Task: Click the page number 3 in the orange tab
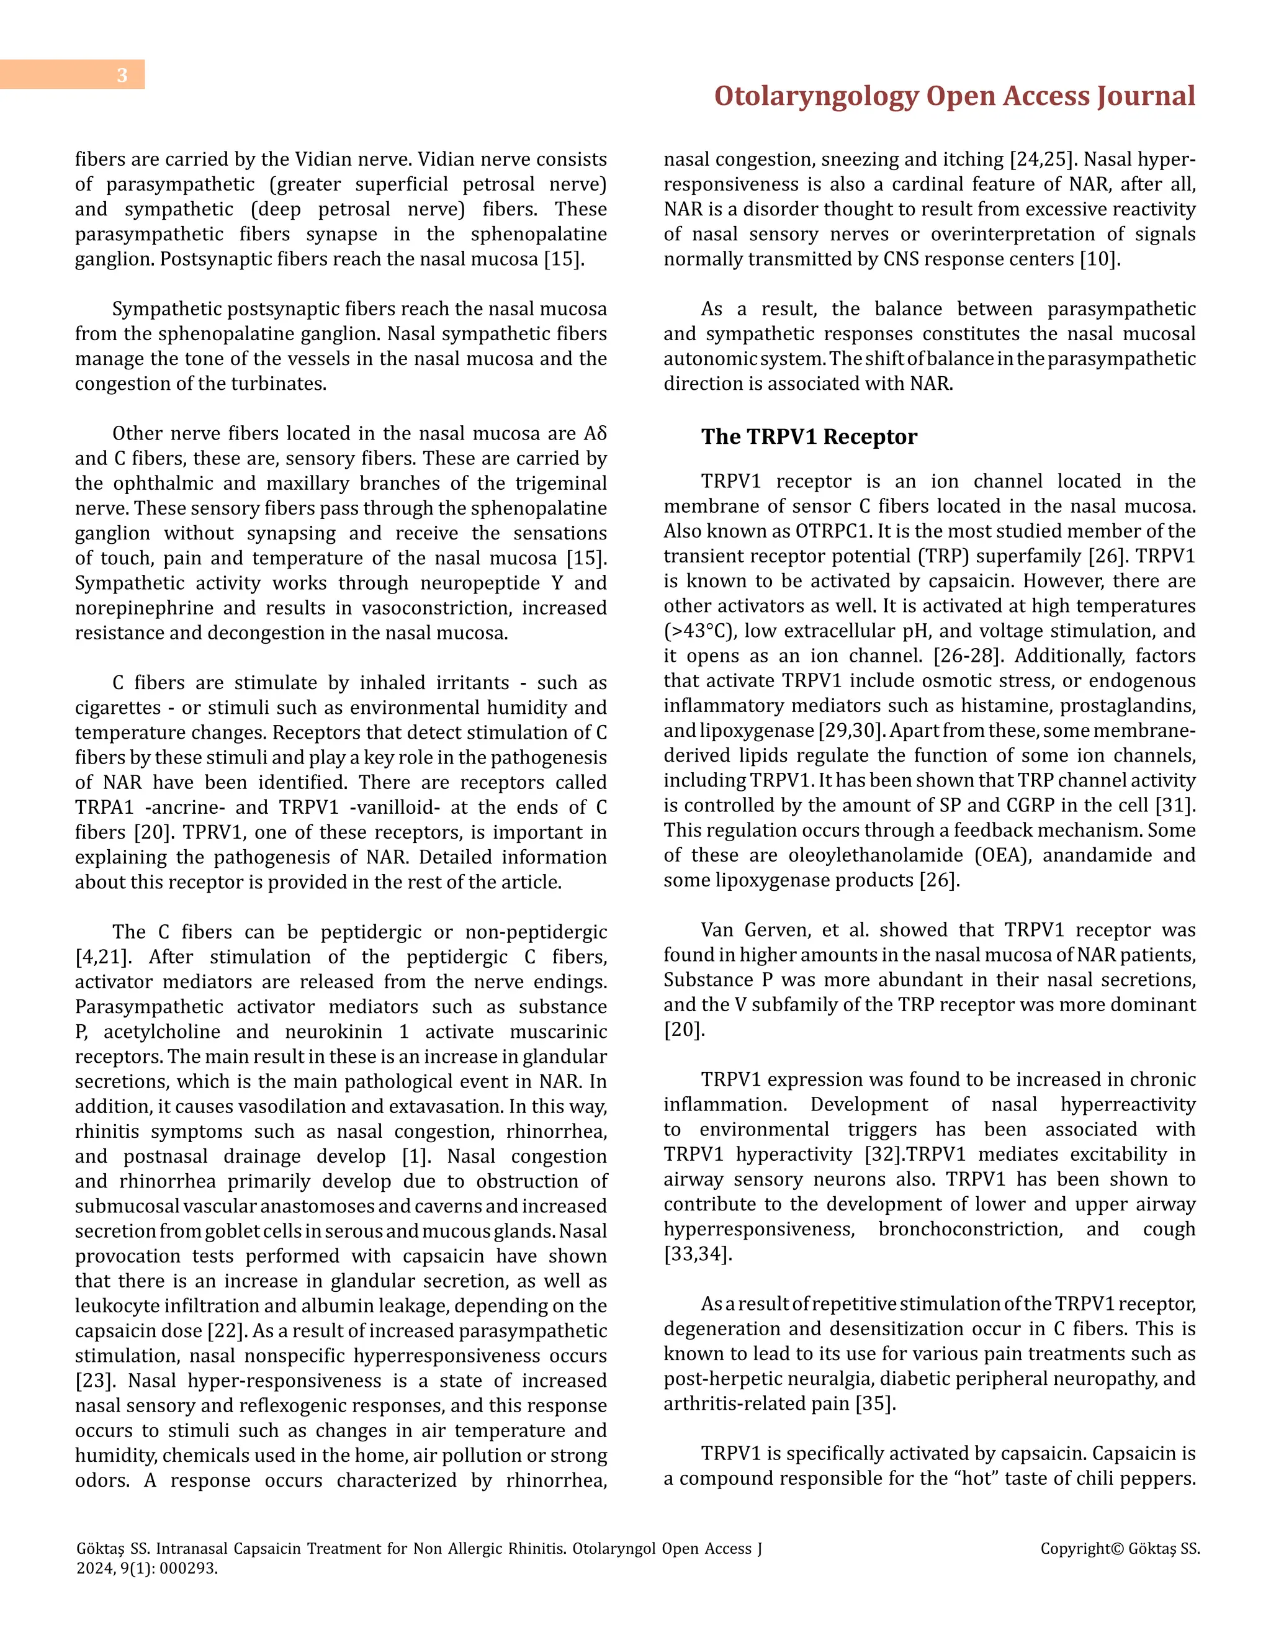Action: pos(122,75)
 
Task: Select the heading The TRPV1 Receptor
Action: pos(809,437)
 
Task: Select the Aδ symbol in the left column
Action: pos(595,434)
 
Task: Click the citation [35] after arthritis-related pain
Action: pos(875,1404)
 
